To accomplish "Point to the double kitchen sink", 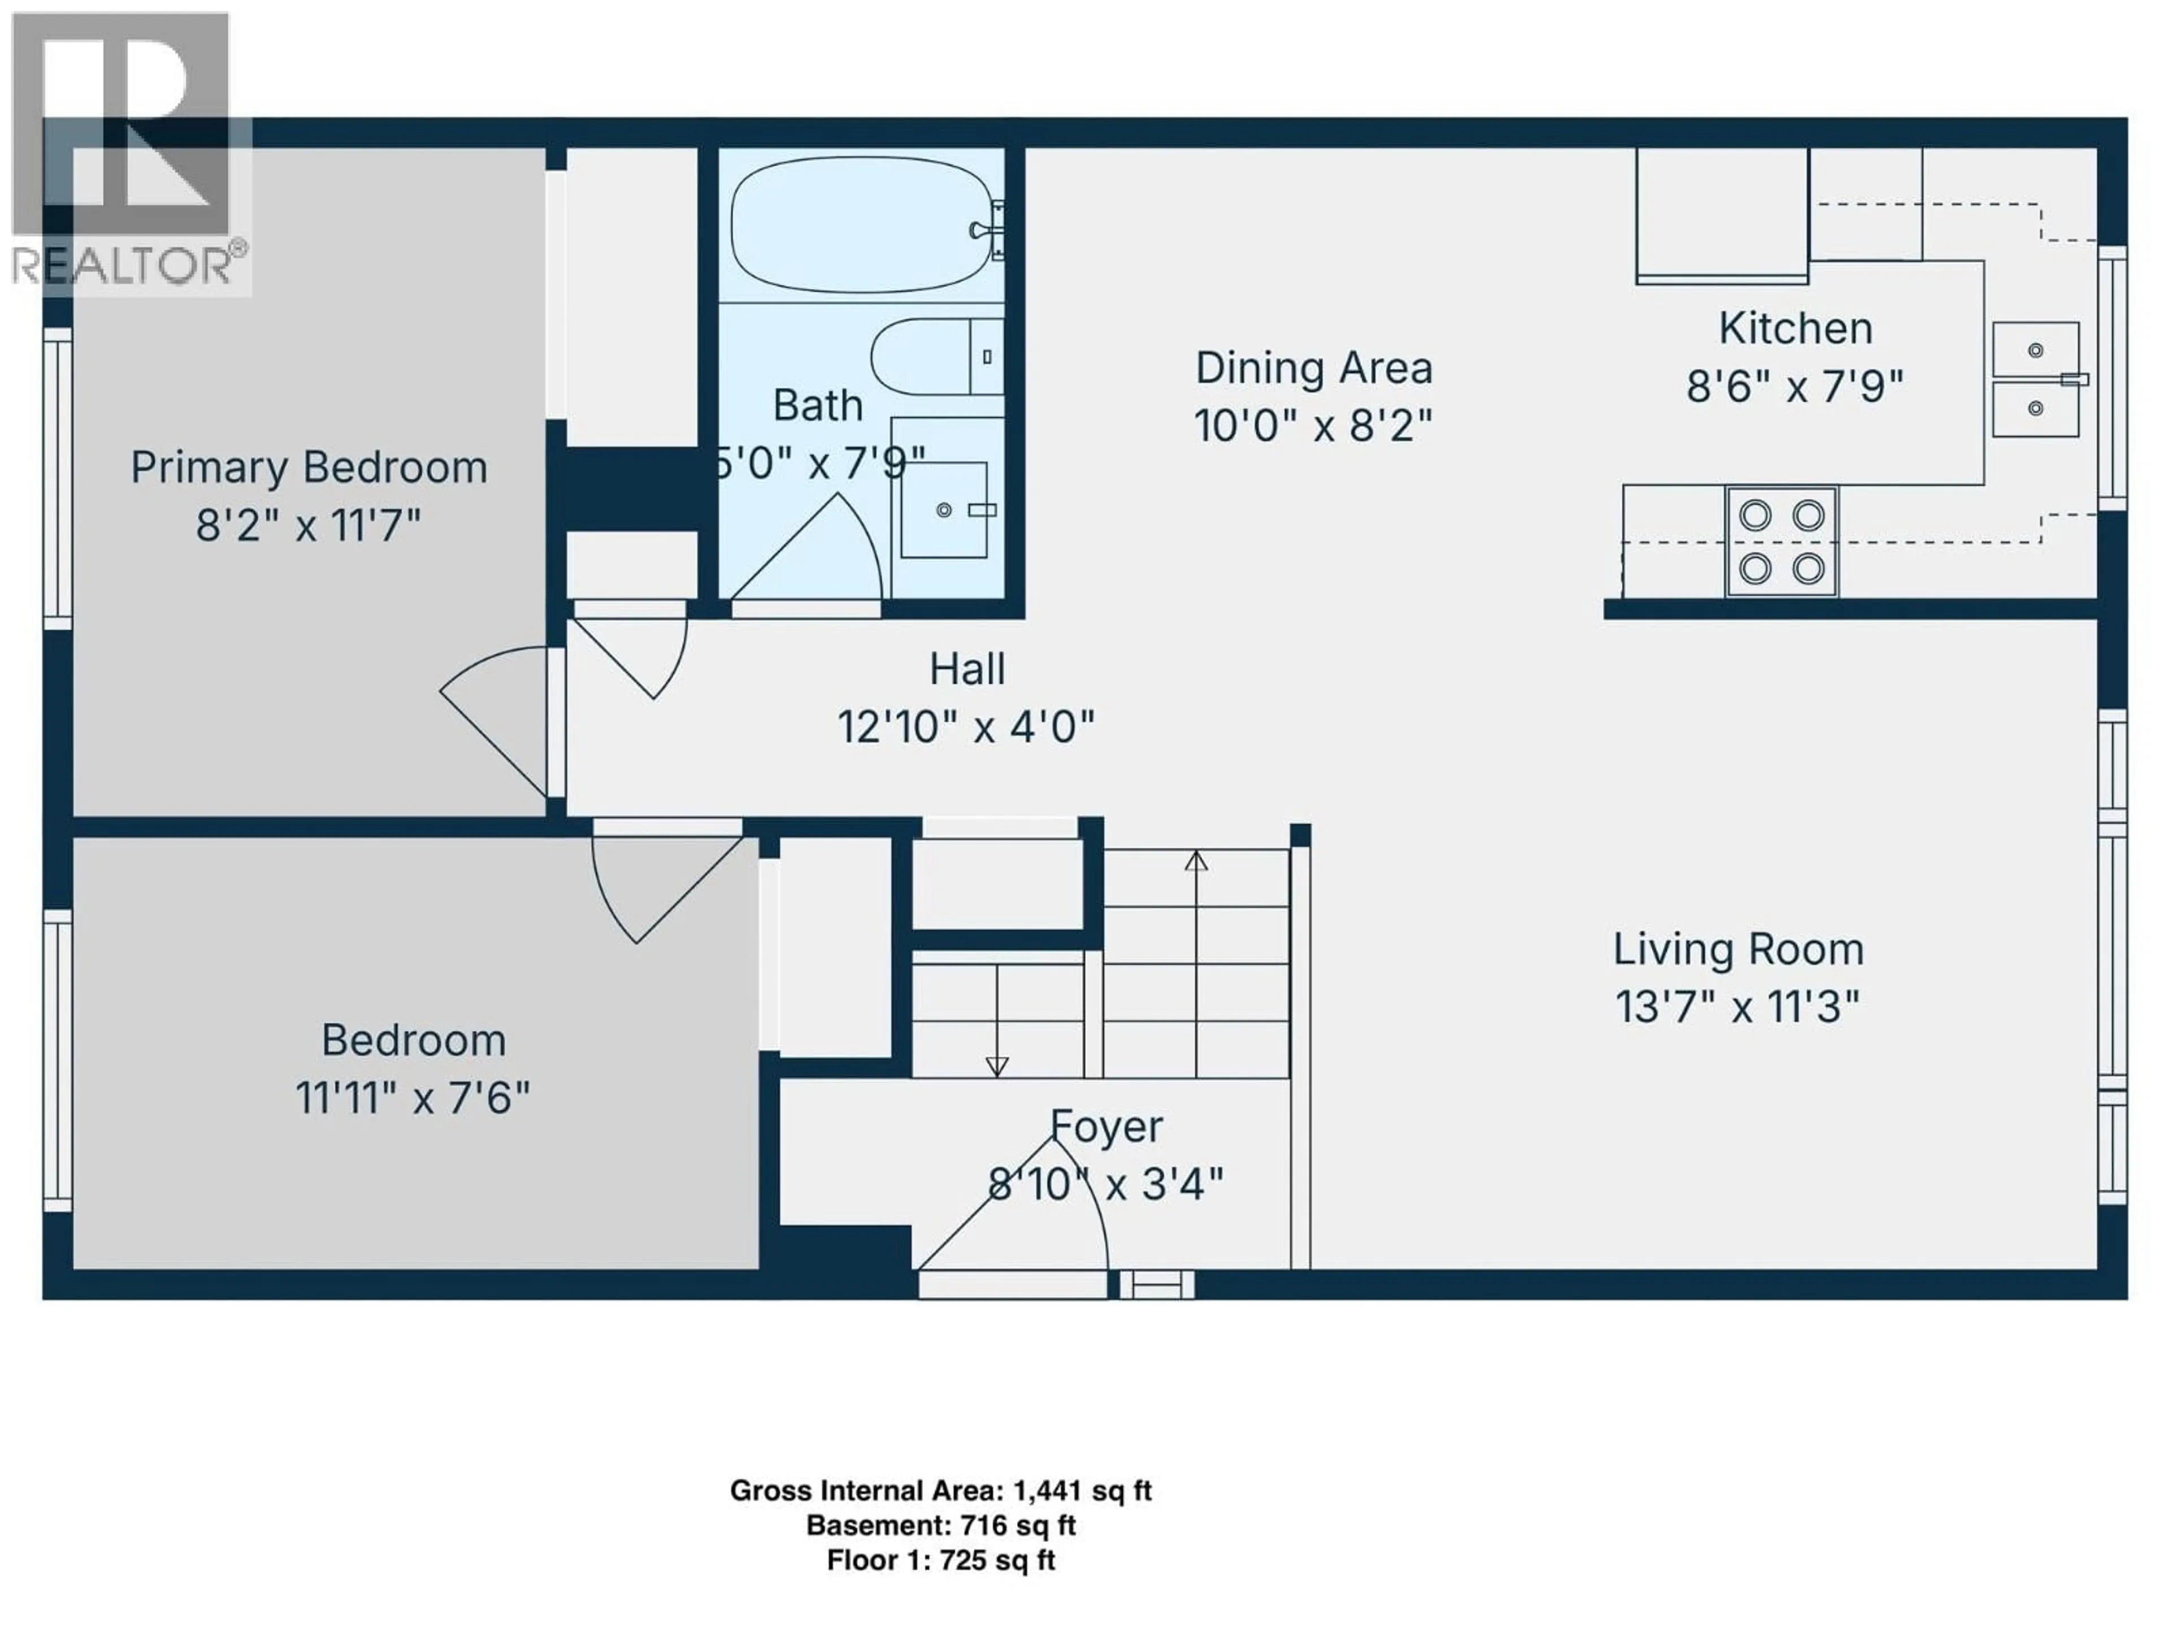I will point(2036,380).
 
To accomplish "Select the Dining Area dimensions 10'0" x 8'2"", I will point(1313,426).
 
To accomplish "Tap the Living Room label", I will point(1738,949).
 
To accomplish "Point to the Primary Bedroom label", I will point(309,467).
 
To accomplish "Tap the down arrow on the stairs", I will point(997,1066).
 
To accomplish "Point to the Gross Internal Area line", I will point(940,1491).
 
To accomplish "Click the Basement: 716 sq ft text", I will point(940,1526).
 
